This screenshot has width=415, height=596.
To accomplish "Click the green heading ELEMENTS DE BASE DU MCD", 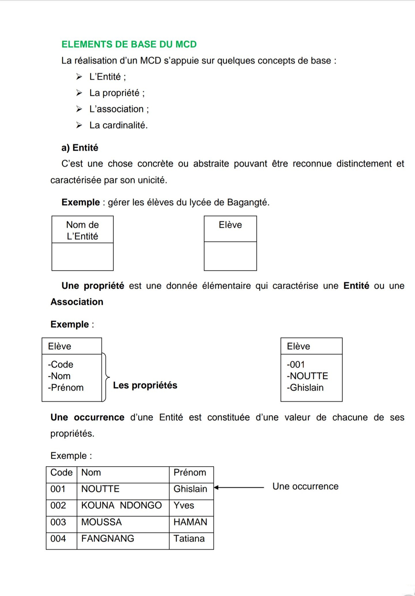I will (x=129, y=44).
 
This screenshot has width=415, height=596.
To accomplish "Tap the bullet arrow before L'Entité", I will (x=79, y=77).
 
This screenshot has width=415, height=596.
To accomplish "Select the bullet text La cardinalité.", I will (x=118, y=125).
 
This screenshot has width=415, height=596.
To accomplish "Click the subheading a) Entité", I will (x=80, y=148).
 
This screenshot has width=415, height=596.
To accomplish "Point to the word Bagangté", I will (x=248, y=202).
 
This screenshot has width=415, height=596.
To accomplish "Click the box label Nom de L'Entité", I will (x=82, y=230).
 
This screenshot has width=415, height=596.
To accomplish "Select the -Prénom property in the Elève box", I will (x=66, y=387).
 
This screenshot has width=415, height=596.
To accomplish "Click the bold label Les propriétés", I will (x=145, y=385).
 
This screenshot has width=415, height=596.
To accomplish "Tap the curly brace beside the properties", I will (x=106, y=377).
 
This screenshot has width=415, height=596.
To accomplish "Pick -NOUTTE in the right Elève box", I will (x=307, y=376).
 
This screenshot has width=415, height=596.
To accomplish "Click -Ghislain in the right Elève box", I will (x=305, y=387).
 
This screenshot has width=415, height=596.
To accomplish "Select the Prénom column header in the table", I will (x=190, y=473).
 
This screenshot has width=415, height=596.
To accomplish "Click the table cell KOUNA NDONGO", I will (x=121, y=505).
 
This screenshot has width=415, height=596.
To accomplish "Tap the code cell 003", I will (x=58, y=522).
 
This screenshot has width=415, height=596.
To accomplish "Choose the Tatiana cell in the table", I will (x=189, y=539).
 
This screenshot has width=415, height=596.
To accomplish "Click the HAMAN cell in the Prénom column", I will (x=190, y=522).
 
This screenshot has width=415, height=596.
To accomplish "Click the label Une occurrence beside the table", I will (x=305, y=486).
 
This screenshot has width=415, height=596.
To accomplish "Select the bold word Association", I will (x=77, y=302).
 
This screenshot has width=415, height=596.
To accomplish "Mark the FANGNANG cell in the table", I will (x=107, y=539).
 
